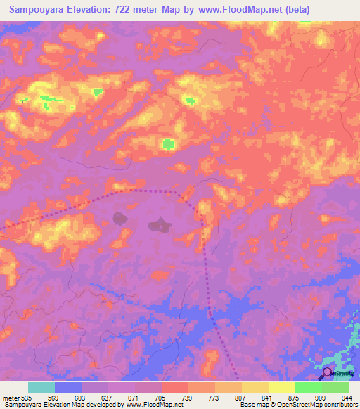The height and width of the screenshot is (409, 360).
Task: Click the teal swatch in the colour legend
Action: (x=41, y=387)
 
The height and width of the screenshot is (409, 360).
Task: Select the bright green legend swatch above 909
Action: (x=308, y=387)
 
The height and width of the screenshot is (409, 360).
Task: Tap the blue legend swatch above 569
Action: (x=68, y=387)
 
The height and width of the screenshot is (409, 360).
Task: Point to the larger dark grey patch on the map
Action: (x=159, y=226)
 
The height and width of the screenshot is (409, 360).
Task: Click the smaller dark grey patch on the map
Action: (x=121, y=218)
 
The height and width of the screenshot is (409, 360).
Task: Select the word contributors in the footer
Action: (x=343, y=405)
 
